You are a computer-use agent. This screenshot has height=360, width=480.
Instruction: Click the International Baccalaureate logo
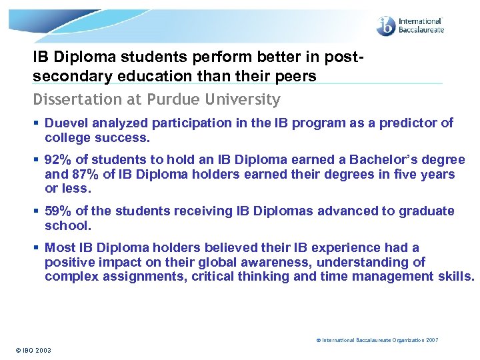[x=409, y=26]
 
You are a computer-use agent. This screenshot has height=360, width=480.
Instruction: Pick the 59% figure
[x=58, y=211]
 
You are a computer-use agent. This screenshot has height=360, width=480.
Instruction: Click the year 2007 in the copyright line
[x=432, y=340]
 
